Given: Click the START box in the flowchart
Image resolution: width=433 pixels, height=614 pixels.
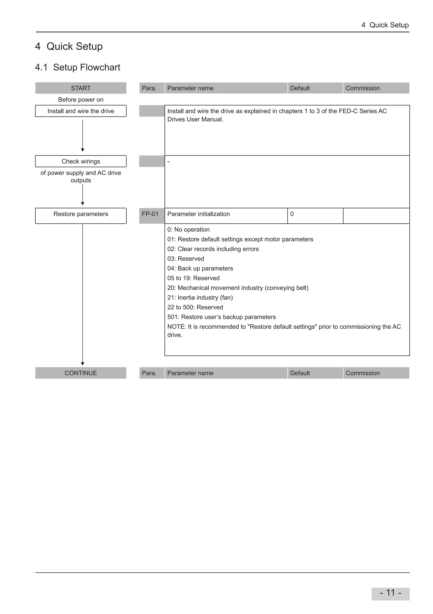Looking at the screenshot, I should click(81, 88).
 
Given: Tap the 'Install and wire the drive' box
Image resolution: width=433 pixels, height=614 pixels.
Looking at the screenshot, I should click(81, 111).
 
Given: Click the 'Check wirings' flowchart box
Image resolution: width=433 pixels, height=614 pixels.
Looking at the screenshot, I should click(81, 161).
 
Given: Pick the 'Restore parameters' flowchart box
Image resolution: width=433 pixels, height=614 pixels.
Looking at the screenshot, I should click(81, 215).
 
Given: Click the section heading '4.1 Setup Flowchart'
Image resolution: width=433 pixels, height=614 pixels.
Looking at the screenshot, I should click(78, 67).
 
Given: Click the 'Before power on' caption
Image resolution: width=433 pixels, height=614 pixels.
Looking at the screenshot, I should click(81, 100).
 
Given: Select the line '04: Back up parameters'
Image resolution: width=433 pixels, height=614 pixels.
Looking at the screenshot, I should click(200, 268).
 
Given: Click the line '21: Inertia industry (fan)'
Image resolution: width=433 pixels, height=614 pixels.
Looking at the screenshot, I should click(200, 297).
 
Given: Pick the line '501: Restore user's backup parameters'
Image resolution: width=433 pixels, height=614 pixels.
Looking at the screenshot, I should click(221, 317).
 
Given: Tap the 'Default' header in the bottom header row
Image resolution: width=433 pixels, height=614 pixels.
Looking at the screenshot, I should click(300, 373).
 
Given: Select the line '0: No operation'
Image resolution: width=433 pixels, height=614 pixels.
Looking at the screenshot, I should click(188, 229).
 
